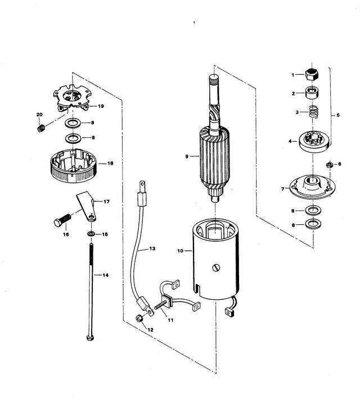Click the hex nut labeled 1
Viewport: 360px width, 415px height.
(x=312, y=74)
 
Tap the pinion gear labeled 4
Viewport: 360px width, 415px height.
(x=314, y=142)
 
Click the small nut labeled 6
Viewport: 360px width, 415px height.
(x=329, y=165)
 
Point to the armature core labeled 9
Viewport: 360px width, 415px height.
(x=214, y=157)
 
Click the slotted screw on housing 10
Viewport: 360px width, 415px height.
(x=216, y=268)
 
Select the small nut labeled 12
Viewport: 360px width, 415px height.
(x=138, y=318)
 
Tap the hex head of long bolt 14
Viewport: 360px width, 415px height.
(x=90, y=338)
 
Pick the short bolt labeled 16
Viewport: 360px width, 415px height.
(x=62, y=220)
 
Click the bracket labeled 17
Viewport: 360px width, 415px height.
(x=87, y=206)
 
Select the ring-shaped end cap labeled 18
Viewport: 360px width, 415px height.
(x=73, y=166)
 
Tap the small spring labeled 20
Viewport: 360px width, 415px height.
(x=40, y=128)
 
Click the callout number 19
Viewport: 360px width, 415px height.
(x=101, y=106)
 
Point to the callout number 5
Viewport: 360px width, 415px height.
(x=338, y=115)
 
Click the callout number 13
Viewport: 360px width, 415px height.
(x=152, y=249)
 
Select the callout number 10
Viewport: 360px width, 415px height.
(x=180, y=251)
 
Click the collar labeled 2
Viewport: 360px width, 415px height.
(x=312, y=93)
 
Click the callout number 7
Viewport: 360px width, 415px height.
(x=283, y=189)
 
